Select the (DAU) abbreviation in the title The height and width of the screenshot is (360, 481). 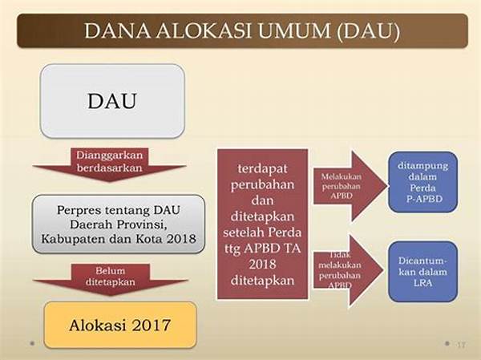[x=368, y=31]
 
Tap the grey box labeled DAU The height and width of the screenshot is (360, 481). [x=112, y=101]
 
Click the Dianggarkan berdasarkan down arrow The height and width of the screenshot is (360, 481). [x=110, y=164]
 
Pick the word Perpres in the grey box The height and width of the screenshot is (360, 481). [x=79, y=211]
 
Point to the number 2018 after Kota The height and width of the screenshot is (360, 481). [x=181, y=239]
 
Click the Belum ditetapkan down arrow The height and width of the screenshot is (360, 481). [x=111, y=279]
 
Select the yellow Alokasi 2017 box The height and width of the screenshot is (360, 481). [x=120, y=325]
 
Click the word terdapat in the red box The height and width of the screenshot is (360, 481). [x=263, y=168]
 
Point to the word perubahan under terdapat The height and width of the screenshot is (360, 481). [x=263, y=184]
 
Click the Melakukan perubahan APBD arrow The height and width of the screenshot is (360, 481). [x=350, y=186]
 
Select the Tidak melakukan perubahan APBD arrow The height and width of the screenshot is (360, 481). [x=348, y=271]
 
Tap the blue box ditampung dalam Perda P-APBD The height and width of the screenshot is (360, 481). [x=423, y=182]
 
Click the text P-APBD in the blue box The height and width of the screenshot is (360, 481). [x=424, y=199]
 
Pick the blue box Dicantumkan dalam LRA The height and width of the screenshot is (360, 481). [x=423, y=272]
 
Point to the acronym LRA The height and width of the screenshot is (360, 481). [x=422, y=283]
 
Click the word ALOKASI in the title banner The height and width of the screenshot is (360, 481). [x=204, y=30]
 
